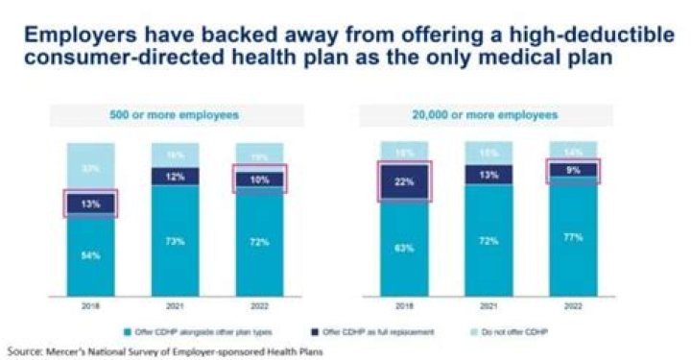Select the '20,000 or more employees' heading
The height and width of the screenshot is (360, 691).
coord(489,116)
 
